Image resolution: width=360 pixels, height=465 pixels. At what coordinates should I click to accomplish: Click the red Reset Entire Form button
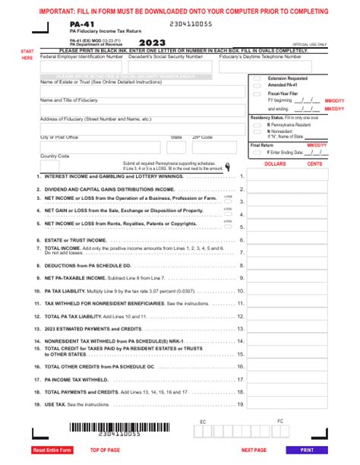[x=52, y=450]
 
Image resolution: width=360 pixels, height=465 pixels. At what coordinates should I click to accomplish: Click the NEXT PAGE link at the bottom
[x=254, y=450]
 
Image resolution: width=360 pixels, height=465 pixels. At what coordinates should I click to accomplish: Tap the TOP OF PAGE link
[x=106, y=450]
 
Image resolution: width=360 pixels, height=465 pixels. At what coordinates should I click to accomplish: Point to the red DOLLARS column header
[x=274, y=163]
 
